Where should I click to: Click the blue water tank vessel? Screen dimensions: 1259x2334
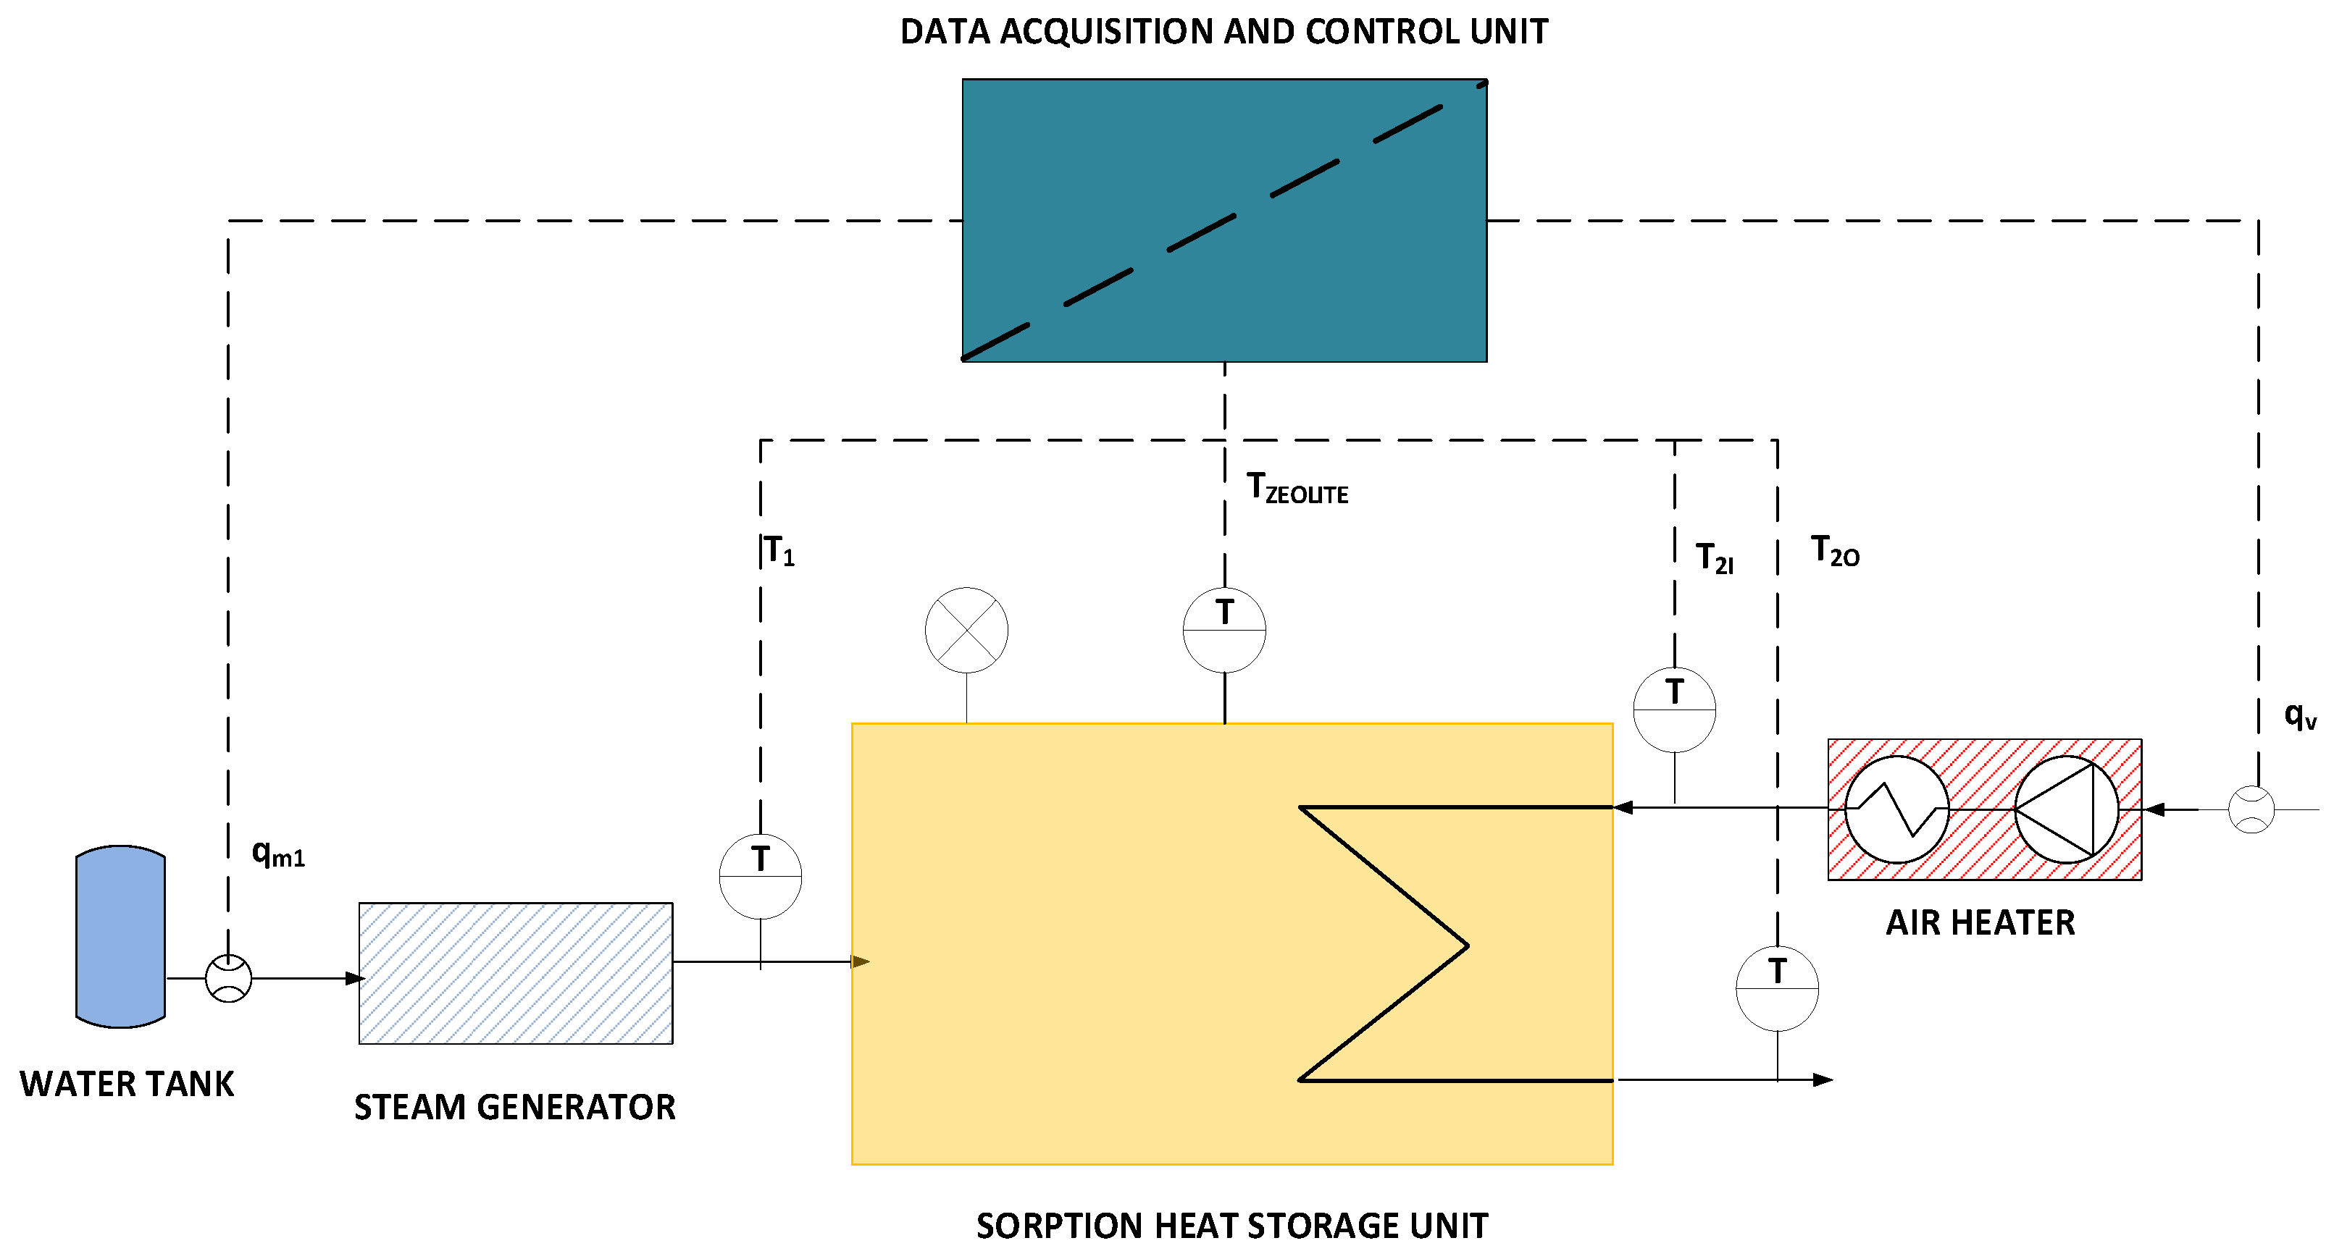point(120,937)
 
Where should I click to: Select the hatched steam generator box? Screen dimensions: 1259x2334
point(516,973)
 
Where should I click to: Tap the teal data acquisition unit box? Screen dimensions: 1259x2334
point(1224,220)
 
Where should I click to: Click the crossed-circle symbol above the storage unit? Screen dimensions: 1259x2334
point(967,631)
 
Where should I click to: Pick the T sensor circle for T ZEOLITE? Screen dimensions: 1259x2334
point(1224,631)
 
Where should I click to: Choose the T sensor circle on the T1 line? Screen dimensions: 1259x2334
point(760,876)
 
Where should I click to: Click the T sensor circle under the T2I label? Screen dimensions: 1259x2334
point(1674,710)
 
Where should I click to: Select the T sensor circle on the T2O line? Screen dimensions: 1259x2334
point(1777,988)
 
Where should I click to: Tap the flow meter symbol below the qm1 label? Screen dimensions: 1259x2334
point(228,978)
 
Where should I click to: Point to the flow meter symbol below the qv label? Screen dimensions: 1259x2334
point(2251,809)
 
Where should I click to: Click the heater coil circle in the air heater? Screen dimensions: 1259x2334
point(1896,809)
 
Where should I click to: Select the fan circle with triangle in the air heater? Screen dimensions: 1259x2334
point(2067,809)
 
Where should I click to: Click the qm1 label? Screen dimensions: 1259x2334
point(278,854)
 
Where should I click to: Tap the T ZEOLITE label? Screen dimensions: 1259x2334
point(1297,489)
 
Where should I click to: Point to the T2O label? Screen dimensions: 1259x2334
point(1835,552)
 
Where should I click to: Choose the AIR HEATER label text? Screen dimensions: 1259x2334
point(1980,923)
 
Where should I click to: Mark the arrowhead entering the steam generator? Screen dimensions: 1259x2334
point(355,978)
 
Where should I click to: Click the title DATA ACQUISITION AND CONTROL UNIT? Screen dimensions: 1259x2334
point(1224,32)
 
